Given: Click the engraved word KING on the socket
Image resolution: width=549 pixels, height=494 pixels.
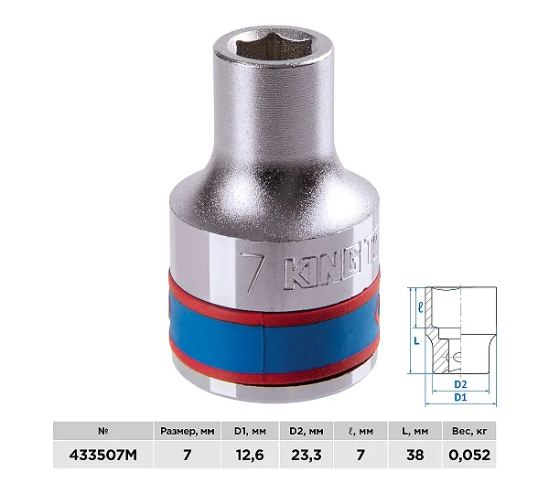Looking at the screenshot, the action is pyautogui.click(x=322, y=272).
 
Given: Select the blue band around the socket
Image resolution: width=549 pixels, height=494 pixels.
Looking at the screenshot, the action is pyautogui.click(x=273, y=336).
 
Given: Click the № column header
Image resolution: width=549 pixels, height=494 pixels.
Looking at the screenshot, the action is pyautogui.click(x=102, y=431).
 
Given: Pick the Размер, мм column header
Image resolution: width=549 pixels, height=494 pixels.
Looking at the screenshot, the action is pyautogui.click(x=187, y=431).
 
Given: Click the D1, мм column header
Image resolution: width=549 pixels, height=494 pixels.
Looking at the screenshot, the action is pyautogui.click(x=250, y=431).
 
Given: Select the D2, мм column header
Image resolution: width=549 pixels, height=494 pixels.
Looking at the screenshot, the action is pyautogui.click(x=306, y=431).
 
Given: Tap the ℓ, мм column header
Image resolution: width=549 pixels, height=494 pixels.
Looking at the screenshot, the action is pyautogui.click(x=361, y=431).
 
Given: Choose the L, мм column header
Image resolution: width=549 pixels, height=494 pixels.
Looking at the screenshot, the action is pyautogui.click(x=414, y=431).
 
